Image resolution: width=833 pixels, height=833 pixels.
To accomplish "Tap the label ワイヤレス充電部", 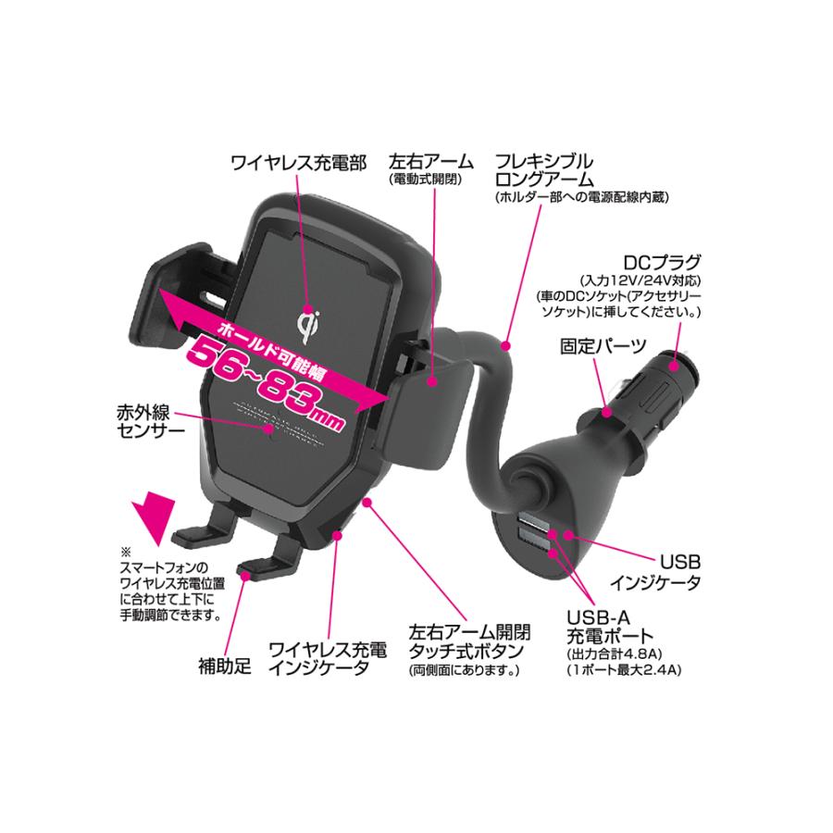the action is coord(299,163).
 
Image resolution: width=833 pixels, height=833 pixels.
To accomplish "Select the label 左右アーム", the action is coord(430,161).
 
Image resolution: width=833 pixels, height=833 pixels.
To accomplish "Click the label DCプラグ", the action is coord(662,263).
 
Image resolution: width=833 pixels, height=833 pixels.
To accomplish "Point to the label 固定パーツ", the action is coord(603,346).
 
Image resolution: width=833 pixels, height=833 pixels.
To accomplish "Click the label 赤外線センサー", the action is coord(151,421).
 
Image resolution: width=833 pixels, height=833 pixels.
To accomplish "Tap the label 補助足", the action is coord(225,666).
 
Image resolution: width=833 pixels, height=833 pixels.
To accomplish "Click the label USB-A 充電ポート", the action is coord(610,627).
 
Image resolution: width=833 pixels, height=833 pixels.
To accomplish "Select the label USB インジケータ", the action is coord(655,573).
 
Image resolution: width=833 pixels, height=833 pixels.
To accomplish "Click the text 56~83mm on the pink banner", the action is coord(267,382).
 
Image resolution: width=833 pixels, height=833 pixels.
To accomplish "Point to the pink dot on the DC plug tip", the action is coord(673,366).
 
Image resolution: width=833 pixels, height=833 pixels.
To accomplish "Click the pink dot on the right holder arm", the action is coord(432,381).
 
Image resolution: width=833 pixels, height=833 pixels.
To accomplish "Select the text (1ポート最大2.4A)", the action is coord(624,670).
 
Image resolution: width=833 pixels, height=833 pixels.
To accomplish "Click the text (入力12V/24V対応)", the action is coord(640,280).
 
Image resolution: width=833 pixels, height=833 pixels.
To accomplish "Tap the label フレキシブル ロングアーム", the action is coord(544,170).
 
